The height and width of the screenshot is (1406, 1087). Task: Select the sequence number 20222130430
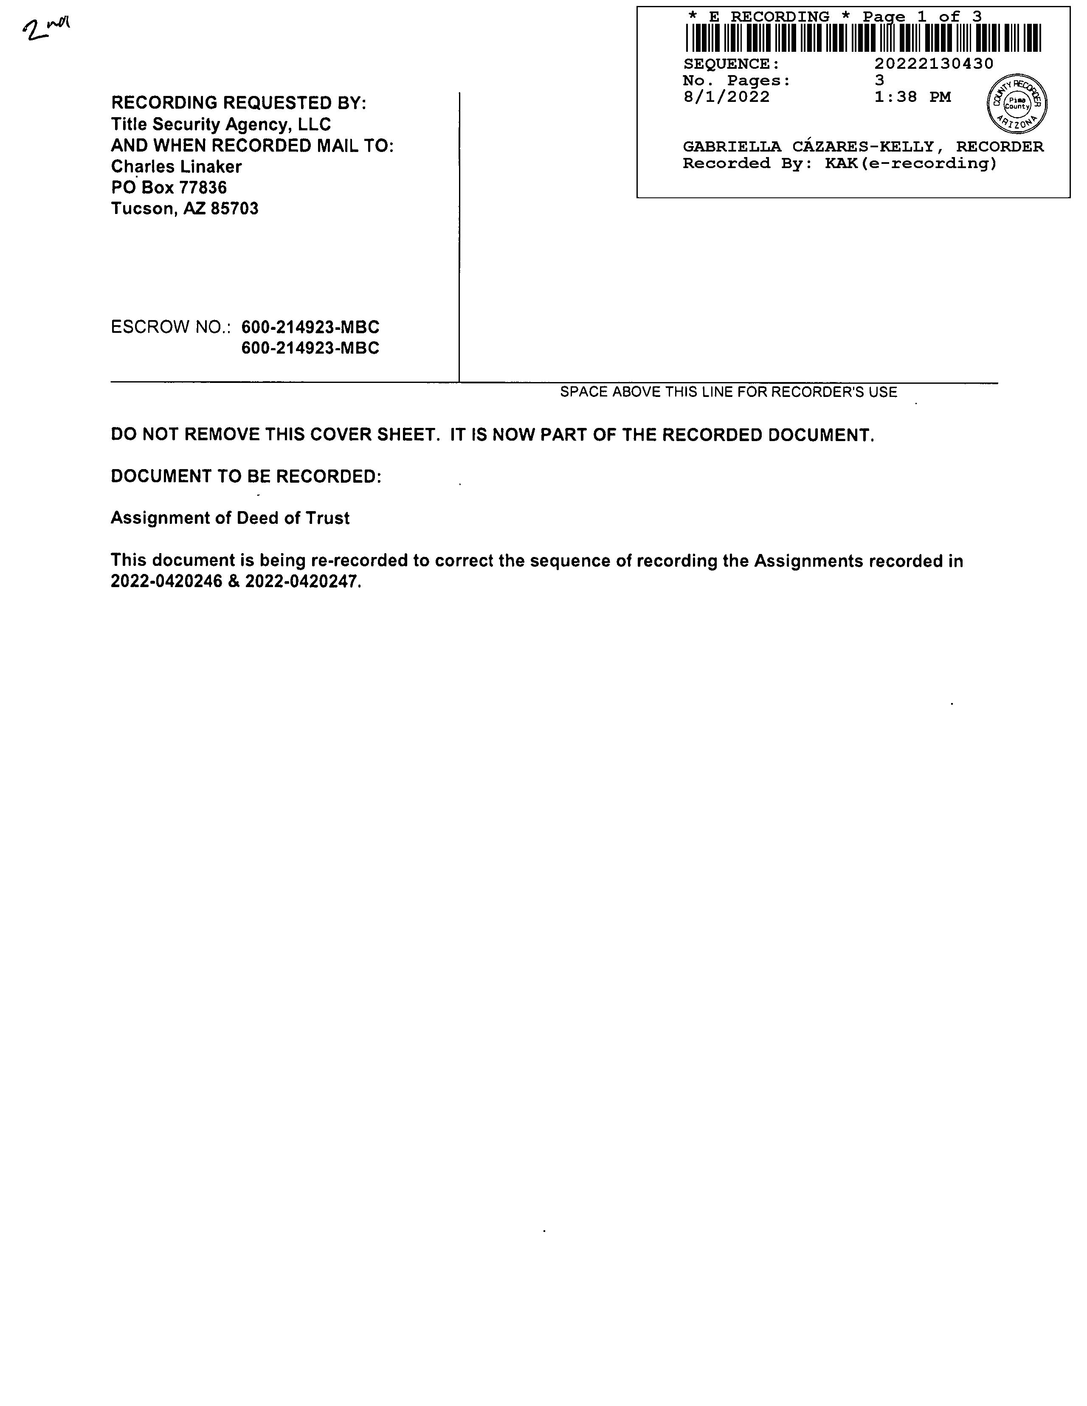click(933, 64)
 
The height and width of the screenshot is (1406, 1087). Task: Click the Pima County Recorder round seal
click(1017, 103)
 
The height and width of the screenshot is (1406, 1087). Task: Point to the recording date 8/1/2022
click(727, 97)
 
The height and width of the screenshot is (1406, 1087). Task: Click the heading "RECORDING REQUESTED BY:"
click(238, 103)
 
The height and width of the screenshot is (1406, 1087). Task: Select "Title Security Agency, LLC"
click(221, 124)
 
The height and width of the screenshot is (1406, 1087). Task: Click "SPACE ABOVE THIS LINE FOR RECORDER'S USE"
click(728, 392)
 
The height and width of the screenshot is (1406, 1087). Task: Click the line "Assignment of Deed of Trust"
click(230, 518)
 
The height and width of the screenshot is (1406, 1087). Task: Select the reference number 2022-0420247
click(301, 582)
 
